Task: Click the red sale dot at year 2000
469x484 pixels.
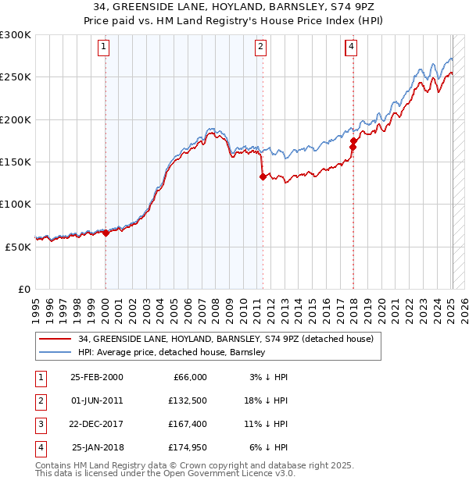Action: pos(106,233)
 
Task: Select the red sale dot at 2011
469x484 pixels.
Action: pos(263,177)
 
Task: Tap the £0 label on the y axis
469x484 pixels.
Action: pos(23,289)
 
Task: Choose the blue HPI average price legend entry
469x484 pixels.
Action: pos(172,352)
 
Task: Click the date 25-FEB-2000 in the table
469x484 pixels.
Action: pos(96,377)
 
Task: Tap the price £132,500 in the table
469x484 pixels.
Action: pos(186,400)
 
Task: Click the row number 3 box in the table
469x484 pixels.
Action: pos(39,424)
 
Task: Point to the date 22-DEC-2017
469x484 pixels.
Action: pos(96,424)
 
